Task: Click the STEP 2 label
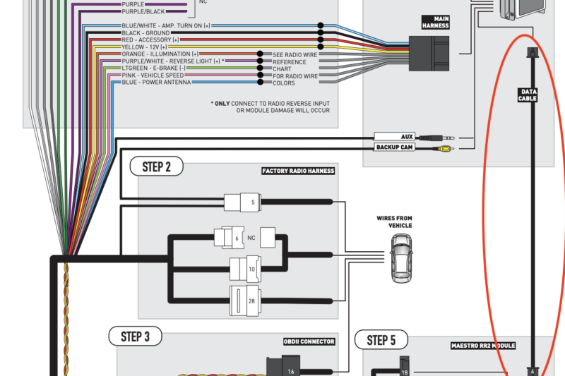pos(156,166)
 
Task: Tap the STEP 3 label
pos(136,336)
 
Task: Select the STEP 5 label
pos(381,341)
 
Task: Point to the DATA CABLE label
pos(528,95)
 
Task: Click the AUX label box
pos(408,135)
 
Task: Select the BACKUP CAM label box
pos(395,148)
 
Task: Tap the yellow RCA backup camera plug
pos(443,148)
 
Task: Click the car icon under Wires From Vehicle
pos(401,257)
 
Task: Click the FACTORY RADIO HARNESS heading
pos(298,171)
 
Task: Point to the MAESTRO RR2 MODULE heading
pos(482,346)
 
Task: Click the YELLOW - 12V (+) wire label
pos(146,47)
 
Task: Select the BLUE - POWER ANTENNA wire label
pos(156,83)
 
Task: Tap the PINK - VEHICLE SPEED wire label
pos(154,75)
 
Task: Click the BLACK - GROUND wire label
pos(145,32)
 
